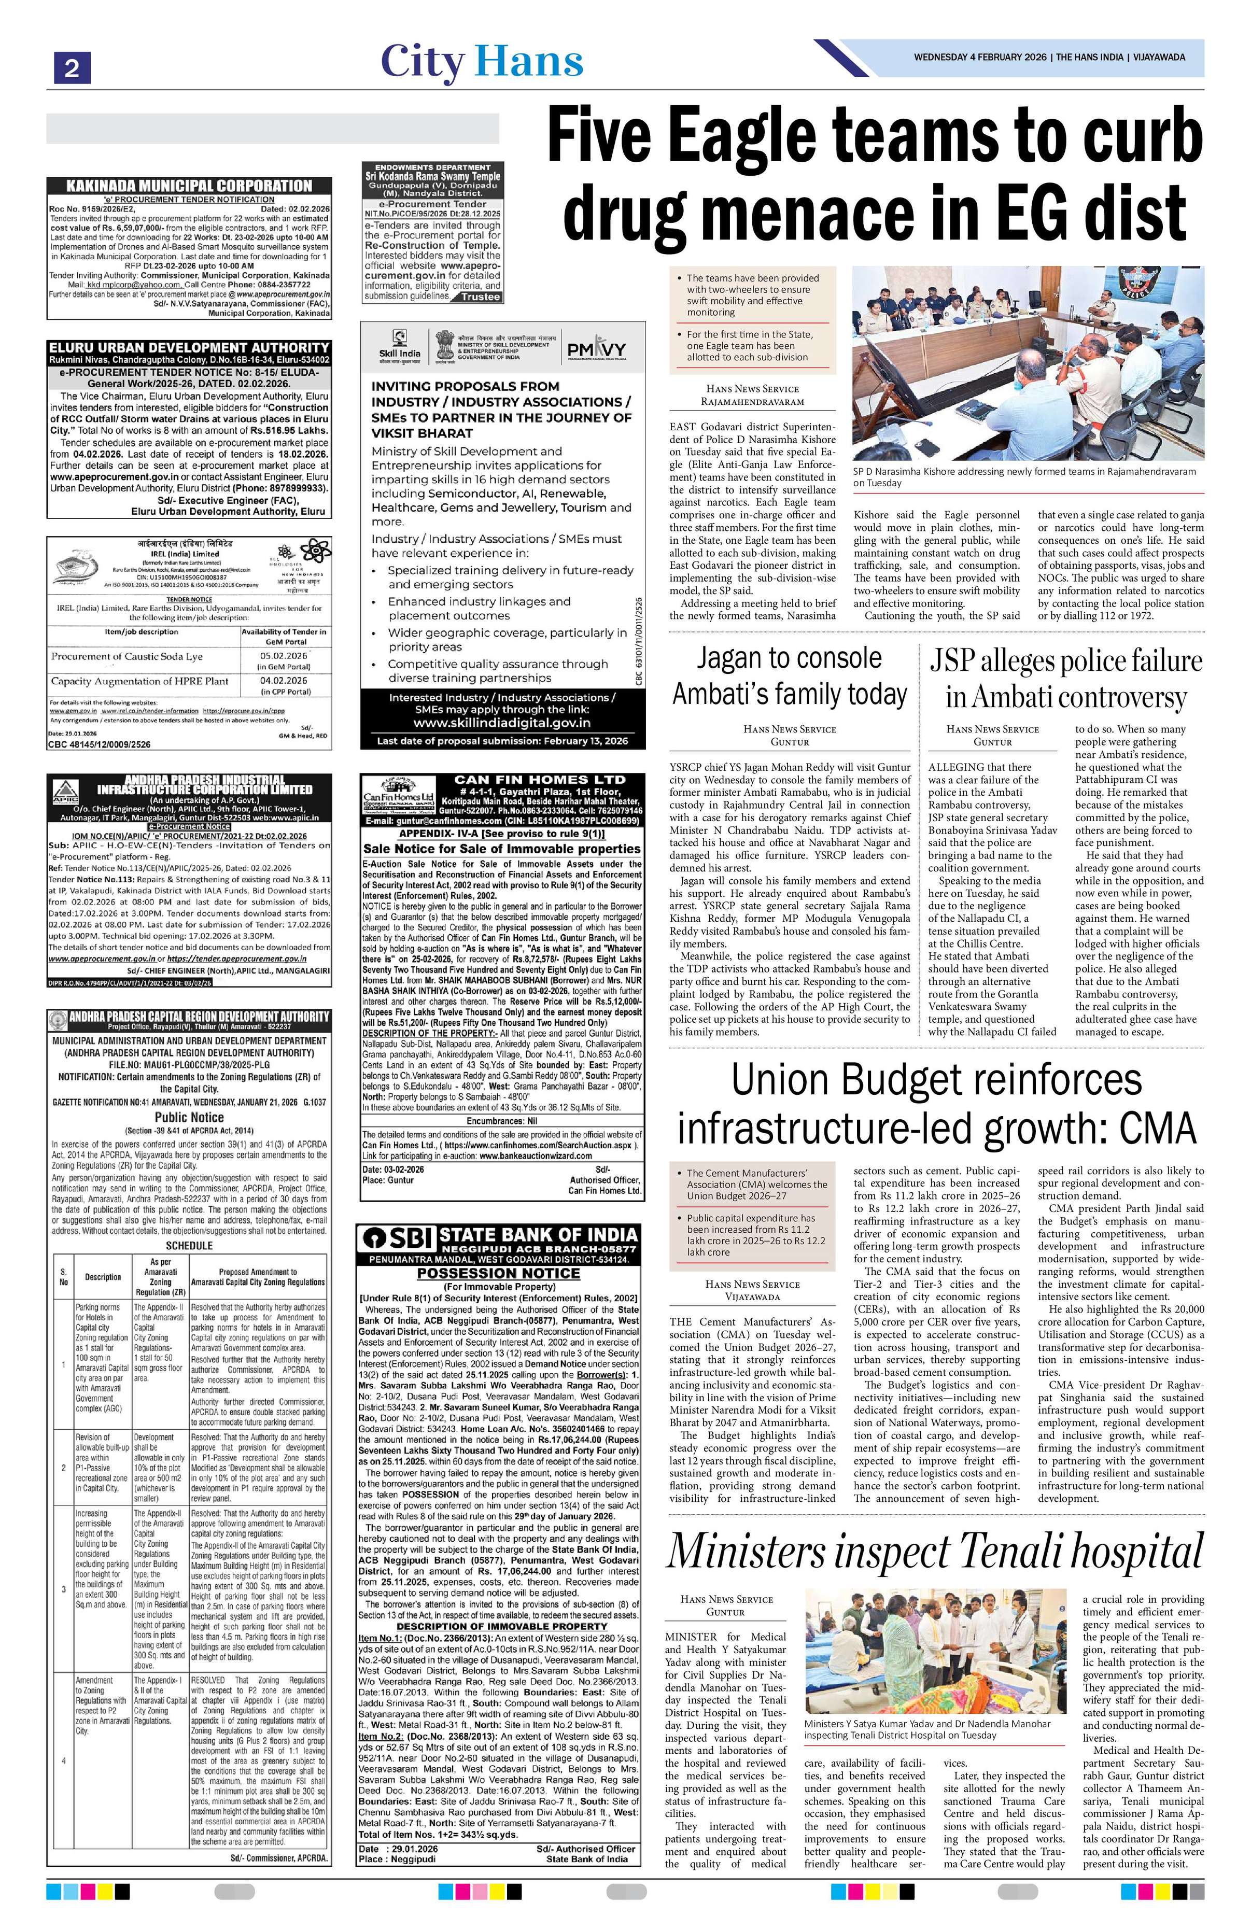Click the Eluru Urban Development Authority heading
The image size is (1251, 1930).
coord(188,347)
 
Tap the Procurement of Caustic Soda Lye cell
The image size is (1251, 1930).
coord(126,656)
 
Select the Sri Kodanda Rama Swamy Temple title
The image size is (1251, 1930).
coord(432,176)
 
